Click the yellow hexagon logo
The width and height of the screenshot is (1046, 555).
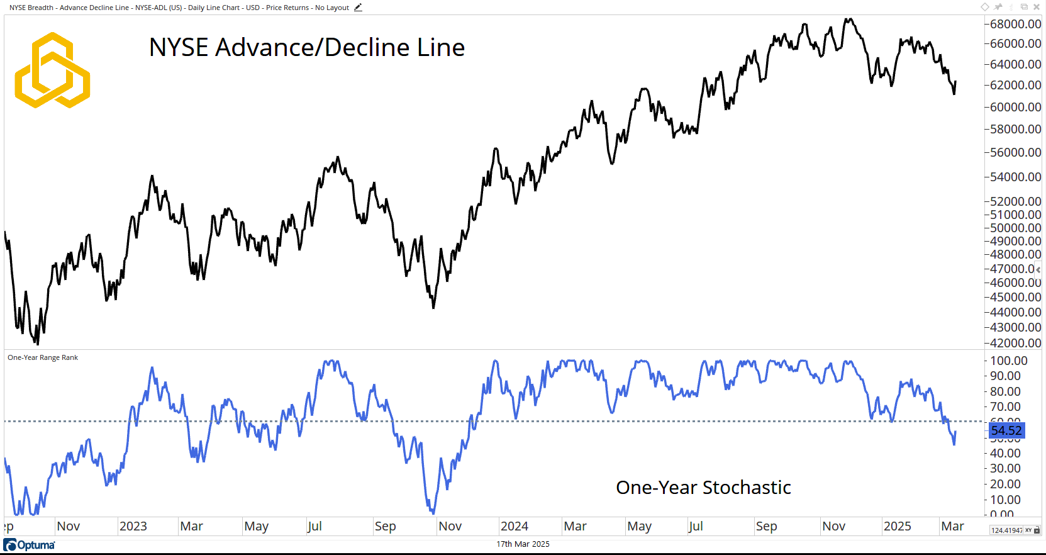point(52,70)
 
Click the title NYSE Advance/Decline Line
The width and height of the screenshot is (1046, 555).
point(307,48)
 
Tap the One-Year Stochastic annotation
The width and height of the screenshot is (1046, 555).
point(703,488)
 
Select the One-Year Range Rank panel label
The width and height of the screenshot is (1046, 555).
point(43,357)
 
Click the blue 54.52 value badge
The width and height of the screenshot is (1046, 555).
point(1006,430)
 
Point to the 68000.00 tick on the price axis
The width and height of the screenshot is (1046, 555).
point(1015,24)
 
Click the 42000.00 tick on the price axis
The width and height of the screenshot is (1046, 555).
point(1015,343)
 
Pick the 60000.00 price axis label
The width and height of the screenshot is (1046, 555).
point(1015,107)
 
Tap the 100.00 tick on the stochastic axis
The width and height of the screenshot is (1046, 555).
point(1008,361)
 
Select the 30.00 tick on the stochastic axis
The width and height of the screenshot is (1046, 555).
point(1005,468)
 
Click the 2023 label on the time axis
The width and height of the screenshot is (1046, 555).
point(133,526)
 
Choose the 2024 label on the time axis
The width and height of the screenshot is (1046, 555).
point(514,526)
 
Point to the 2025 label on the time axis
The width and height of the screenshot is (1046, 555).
point(897,526)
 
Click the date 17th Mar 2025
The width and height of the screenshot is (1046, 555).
point(523,544)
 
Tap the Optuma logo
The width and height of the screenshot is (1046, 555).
point(30,545)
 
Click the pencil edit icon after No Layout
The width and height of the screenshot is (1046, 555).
point(358,8)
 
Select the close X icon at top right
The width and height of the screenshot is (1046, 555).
point(1037,7)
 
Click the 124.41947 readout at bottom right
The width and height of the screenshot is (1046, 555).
point(1006,530)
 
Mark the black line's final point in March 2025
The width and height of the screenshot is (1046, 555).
point(955,82)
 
